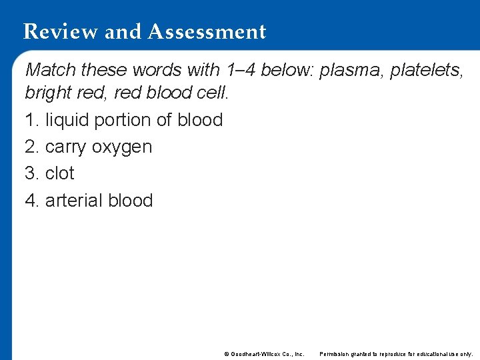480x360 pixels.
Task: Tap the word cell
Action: coord(213,93)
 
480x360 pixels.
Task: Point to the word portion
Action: coord(124,120)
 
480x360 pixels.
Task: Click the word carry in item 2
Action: coord(66,147)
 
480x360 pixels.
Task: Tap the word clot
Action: coord(60,173)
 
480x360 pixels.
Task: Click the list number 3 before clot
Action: coord(30,173)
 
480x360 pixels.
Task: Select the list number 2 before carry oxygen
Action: coord(30,147)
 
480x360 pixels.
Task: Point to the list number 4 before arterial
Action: coord(30,200)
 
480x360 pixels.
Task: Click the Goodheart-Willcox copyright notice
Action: coord(264,353)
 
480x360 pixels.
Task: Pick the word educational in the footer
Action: coord(433,353)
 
